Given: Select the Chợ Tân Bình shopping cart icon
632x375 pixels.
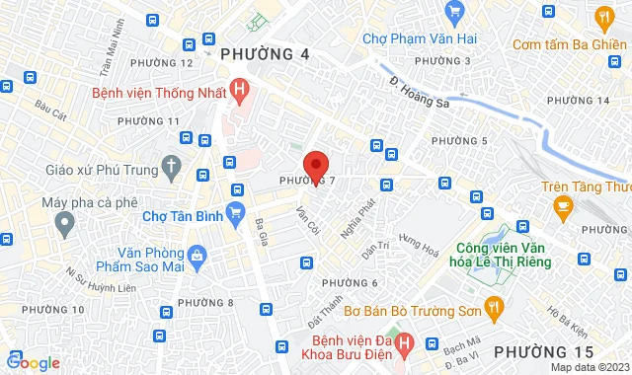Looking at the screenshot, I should (235, 211).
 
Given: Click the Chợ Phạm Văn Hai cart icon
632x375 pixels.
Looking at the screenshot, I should (454, 12).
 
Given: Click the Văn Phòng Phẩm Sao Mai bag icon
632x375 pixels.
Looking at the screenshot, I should (197, 256).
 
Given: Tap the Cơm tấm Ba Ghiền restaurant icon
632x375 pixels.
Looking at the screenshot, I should (603, 16).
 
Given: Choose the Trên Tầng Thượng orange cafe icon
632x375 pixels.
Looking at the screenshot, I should (564, 206).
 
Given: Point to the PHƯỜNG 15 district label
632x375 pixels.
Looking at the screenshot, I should (543, 351).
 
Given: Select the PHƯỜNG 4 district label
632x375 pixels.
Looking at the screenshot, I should (264, 53).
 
